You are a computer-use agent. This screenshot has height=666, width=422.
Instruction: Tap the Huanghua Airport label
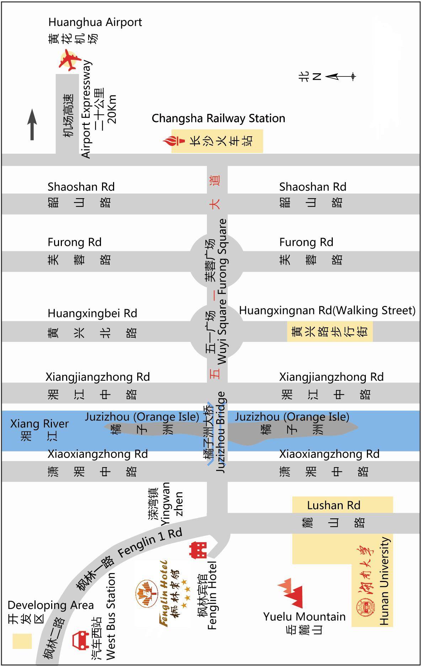pyautogui.click(x=95, y=22)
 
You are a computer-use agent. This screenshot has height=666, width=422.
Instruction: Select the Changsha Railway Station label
pyautogui.click(x=218, y=118)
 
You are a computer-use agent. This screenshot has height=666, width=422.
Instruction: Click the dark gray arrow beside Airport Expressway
pyautogui.click(x=32, y=124)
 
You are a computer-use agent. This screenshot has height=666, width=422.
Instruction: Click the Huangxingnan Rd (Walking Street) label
pyautogui.click(x=327, y=311)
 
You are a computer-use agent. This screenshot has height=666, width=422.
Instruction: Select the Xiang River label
pyautogui.click(x=39, y=424)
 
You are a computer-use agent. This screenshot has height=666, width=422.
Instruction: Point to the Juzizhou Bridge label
pyautogui.click(x=221, y=432)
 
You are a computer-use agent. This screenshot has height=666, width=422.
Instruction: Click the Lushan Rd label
pyautogui.click(x=333, y=505)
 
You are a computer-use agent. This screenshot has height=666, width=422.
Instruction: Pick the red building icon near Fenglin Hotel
pyautogui.click(x=198, y=550)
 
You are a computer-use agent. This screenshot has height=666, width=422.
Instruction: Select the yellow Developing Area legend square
pyautogui.click(x=22, y=641)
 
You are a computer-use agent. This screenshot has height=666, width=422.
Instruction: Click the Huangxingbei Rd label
pyautogui.click(x=92, y=313)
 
